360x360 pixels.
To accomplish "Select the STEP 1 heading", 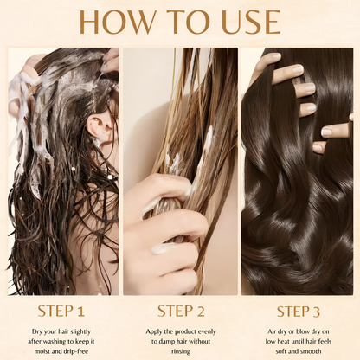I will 61,309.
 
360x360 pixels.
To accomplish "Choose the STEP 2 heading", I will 181,309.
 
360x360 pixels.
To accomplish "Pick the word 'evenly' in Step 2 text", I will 209,330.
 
